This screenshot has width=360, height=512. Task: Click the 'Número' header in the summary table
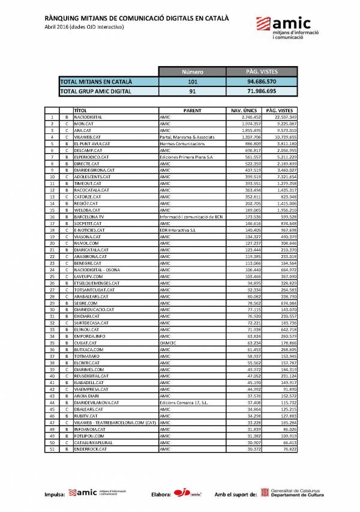click(192, 72)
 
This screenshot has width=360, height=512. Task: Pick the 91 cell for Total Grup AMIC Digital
click(192, 91)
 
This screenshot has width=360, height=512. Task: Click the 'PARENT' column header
click(192, 110)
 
